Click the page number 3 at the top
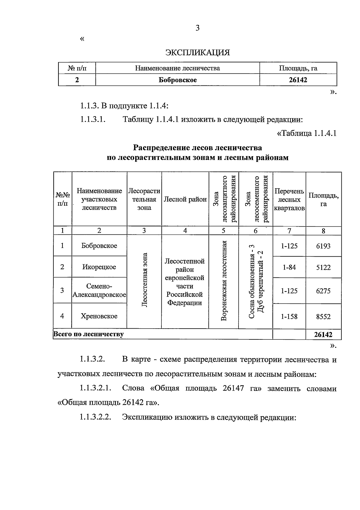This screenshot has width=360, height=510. pyautogui.click(x=197, y=28)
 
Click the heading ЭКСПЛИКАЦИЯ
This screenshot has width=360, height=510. pyautogui.click(x=198, y=53)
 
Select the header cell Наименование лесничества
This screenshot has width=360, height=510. pyautogui.click(x=177, y=68)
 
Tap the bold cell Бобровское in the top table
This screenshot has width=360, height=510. pyautogui.click(x=178, y=80)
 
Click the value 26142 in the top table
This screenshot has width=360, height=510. pyautogui.click(x=298, y=80)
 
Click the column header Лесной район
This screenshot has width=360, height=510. pyautogui.click(x=185, y=199)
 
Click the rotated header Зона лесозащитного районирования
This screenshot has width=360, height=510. pyautogui.click(x=224, y=199)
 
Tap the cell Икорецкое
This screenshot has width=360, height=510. pyautogui.click(x=99, y=267)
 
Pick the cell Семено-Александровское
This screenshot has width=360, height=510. pyautogui.click(x=99, y=291)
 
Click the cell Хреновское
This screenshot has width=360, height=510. pyautogui.click(x=99, y=316)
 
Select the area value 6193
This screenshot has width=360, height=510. pyautogui.click(x=323, y=246)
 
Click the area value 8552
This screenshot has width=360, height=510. pyautogui.click(x=323, y=317)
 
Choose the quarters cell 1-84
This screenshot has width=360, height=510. pyautogui.click(x=289, y=267)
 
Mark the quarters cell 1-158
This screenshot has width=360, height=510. pyautogui.click(x=289, y=316)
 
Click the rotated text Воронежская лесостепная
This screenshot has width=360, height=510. pyautogui.click(x=224, y=281)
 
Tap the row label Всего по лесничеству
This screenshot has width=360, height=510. pyautogui.click(x=88, y=334)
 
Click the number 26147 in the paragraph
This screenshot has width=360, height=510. pyautogui.click(x=233, y=388)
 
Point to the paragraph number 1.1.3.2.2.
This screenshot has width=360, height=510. pyautogui.click(x=95, y=417)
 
